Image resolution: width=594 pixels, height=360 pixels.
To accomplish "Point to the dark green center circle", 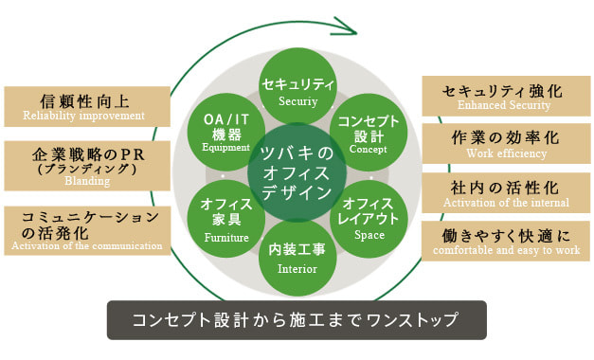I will [x=297, y=174].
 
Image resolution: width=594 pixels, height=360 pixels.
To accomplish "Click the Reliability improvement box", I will [x=87, y=106].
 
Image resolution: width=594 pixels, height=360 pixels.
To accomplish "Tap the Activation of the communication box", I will [x=87, y=230].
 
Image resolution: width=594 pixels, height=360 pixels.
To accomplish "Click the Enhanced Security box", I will [x=505, y=96].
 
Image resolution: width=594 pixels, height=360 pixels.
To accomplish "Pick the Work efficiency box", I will [x=505, y=143].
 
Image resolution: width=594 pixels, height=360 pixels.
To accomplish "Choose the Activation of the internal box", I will [x=505, y=191].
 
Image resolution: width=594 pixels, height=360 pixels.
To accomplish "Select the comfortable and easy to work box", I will [x=505, y=241].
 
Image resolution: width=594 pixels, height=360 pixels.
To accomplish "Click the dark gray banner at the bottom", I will [x=297, y=320].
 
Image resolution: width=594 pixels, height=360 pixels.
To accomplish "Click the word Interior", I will [x=297, y=268].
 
